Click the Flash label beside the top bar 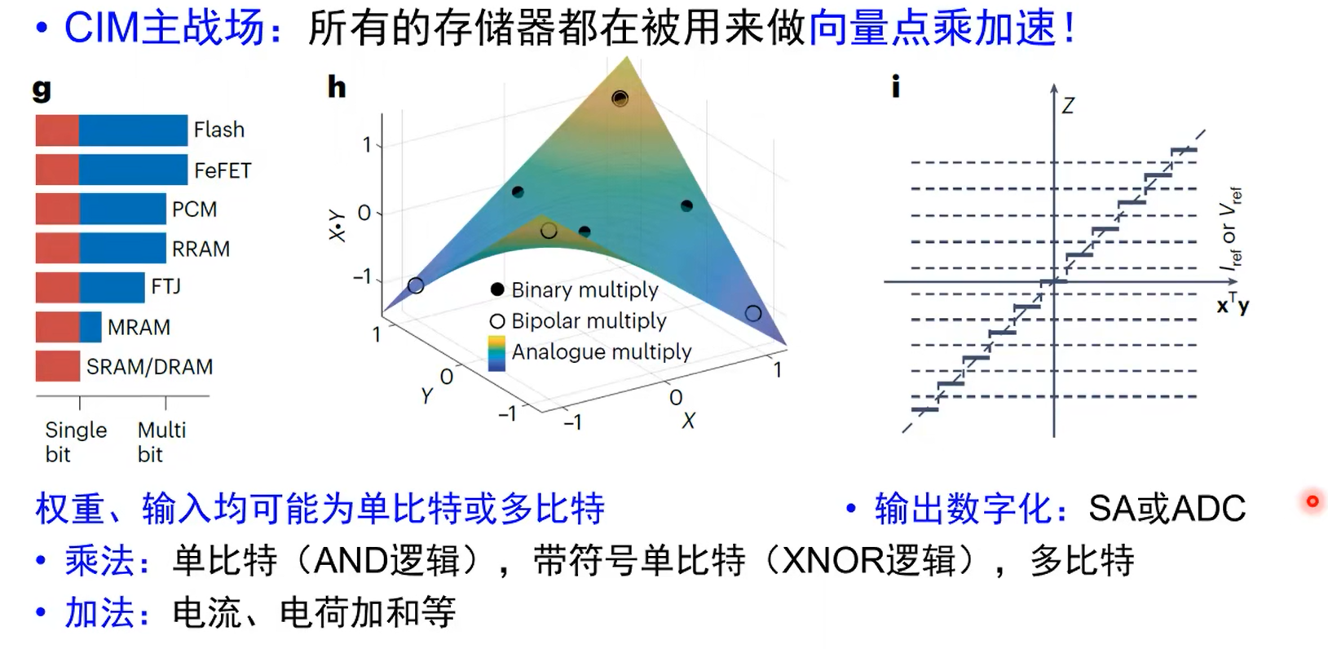(x=218, y=130)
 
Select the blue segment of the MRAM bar (x=90, y=327)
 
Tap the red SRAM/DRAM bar (x=57, y=366)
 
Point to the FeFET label (x=223, y=170)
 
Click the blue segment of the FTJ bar (x=112, y=288)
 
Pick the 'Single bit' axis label (x=75, y=442)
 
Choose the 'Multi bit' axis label (x=161, y=442)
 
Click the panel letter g (x=42, y=88)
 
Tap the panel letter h (x=336, y=86)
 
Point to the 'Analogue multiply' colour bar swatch (x=496, y=353)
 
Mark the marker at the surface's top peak (x=620, y=99)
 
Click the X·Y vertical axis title (x=336, y=226)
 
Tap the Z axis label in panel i (x=1067, y=105)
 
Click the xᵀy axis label (x=1232, y=304)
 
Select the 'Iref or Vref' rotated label (x=1229, y=228)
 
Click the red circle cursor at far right (x=1312, y=501)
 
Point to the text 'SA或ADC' (x=1167, y=509)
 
